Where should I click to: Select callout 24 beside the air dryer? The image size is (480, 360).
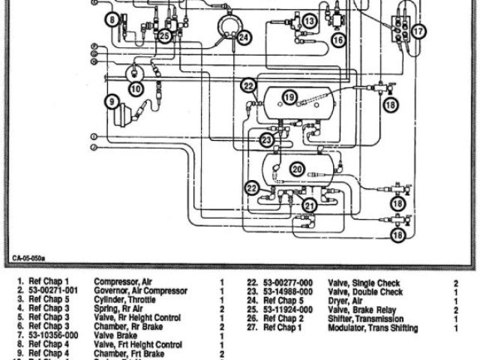pyautogui.click(x=244, y=36)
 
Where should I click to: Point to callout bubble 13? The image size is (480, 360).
pyautogui.click(x=310, y=22)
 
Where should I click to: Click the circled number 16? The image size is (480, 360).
pyautogui.click(x=337, y=39)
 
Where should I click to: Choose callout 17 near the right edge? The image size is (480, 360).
pyautogui.click(x=418, y=31)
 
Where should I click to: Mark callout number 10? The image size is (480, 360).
pyautogui.click(x=135, y=88)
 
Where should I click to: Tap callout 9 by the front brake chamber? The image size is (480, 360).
pyautogui.click(x=111, y=100)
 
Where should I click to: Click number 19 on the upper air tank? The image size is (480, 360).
pyautogui.click(x=290, y=97)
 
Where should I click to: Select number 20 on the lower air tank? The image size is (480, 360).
pyautogui.click(x=297, y=169)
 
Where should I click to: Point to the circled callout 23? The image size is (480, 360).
pyautogui.click(x=266, y=139)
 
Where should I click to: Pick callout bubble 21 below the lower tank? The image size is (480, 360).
pyautogui.click(x=310, y=205)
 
